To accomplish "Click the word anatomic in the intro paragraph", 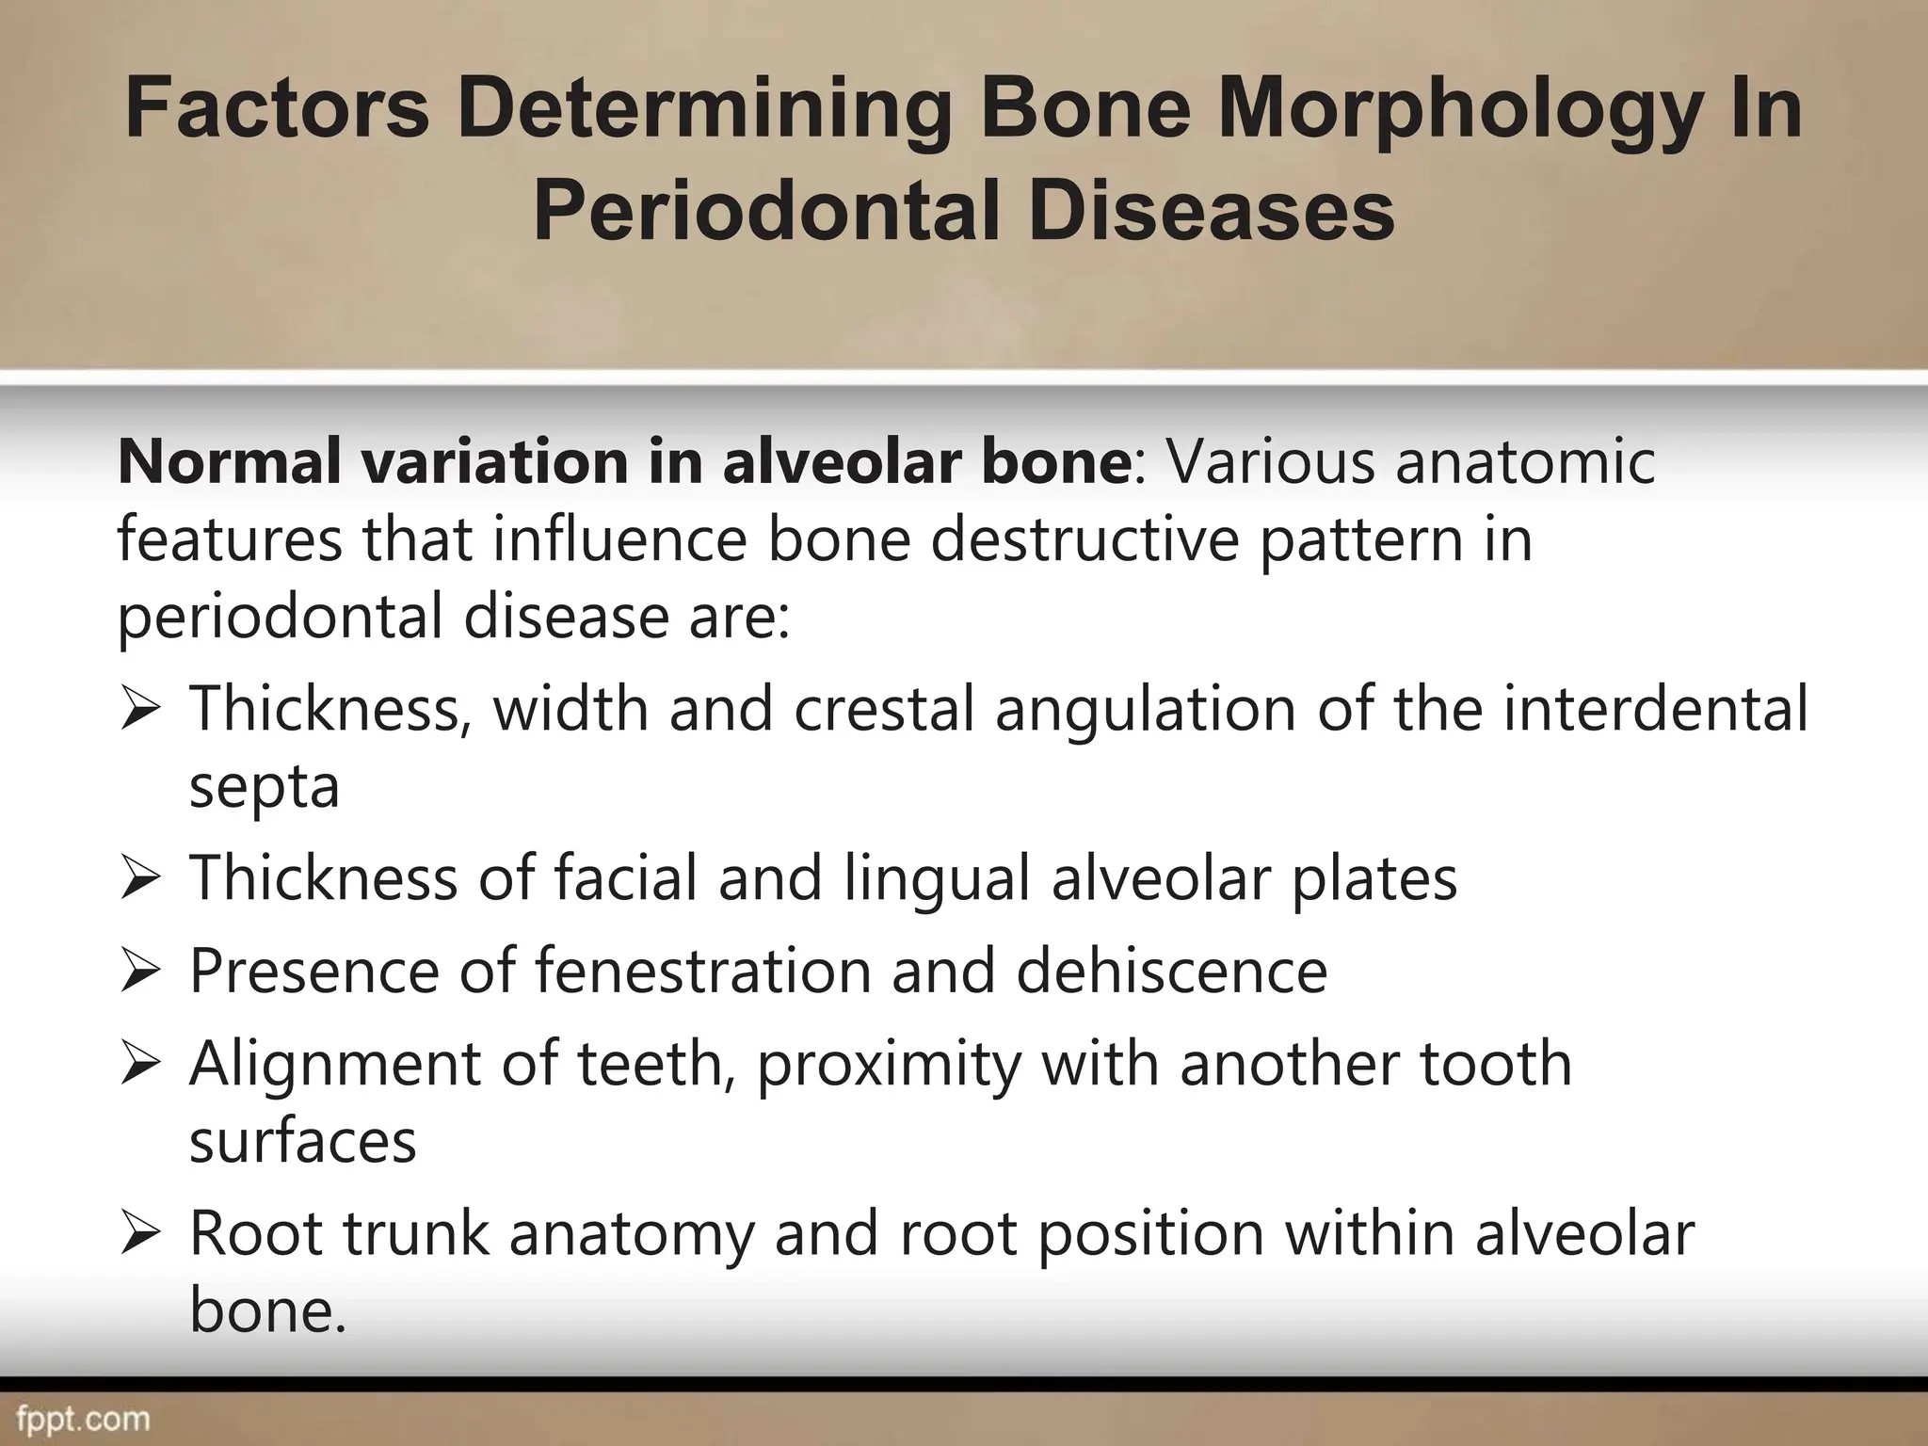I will [1524, 463].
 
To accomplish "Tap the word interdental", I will [1654, 708].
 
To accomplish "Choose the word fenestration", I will [702, 971].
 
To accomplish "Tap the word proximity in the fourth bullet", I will [888, 1065].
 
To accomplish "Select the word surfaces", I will [302, 1141].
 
